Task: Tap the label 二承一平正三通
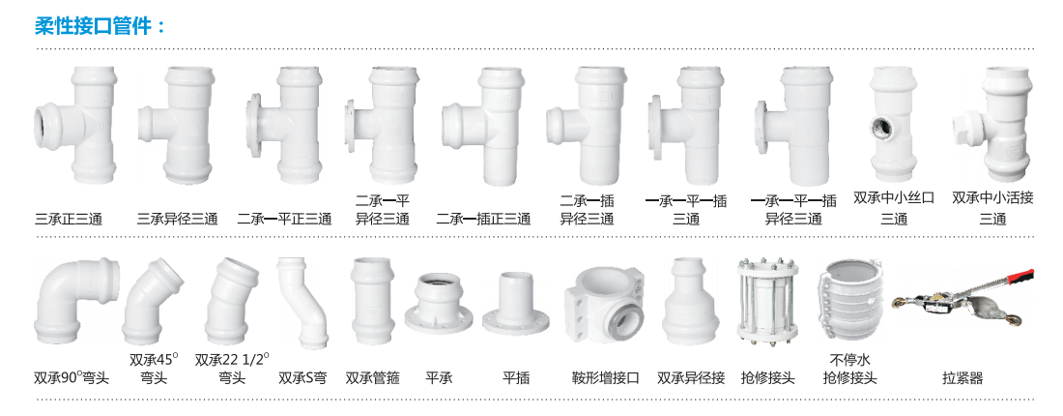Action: pyautogui.click(x=285, y=220)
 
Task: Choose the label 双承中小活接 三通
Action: pyautogui.click(x=992, y=208)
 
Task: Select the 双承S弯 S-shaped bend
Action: pyautogui.click(x=302, y=303)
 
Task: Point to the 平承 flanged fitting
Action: pyautogui.click(x=439, y=303)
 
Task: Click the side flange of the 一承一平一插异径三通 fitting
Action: pyautogui.click(x=761, y=129)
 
